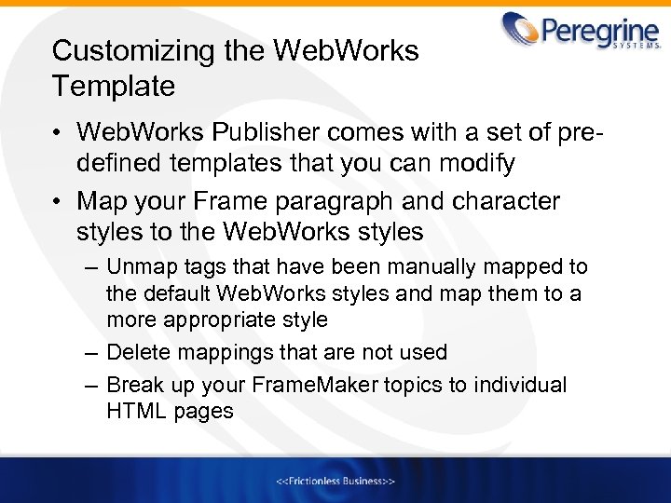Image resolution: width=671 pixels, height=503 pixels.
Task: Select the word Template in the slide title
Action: click(x=114, y=87)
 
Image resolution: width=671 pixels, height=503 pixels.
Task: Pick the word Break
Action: click(x=135, y=385)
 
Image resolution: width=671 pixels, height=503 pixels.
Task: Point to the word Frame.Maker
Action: click(x=301, y=385)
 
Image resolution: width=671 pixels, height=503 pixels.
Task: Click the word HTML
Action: click(x=136, y=411)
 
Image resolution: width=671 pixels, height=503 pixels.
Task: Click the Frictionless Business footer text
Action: click(x=335, y=481)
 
